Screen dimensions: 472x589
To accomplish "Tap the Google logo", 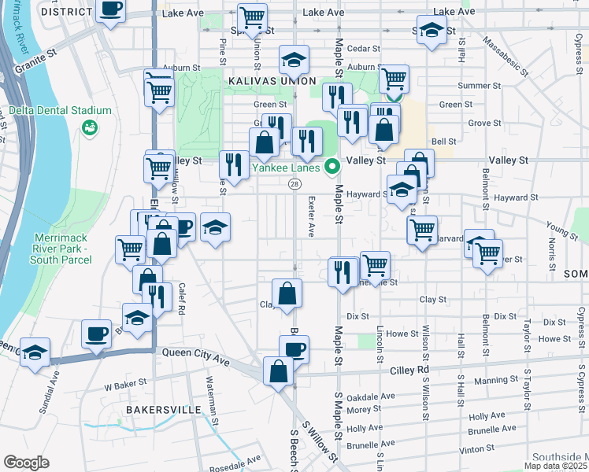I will [26, 462].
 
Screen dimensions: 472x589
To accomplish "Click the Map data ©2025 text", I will [555, 466].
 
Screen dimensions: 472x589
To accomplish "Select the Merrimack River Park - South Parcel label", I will [65, 249].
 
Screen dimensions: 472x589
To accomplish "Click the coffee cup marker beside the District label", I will [111, 9].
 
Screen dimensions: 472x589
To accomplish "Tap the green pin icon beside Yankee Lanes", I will [332, 166].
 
